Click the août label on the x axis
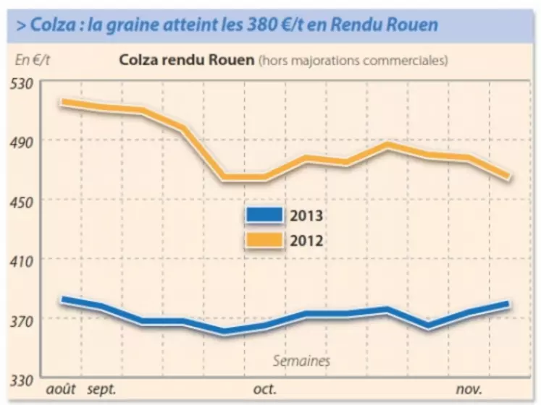[x=60, y=390]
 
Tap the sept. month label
[x=101, y=390]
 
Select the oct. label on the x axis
[x=264, y=390]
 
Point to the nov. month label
[x=469, y=390]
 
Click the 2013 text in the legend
[x=306, y=216]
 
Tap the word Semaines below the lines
[x=301, y=360]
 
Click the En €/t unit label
[x=32, y=59]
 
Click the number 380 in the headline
[x=273, y=25]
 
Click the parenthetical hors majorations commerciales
[x=353, y=60]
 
